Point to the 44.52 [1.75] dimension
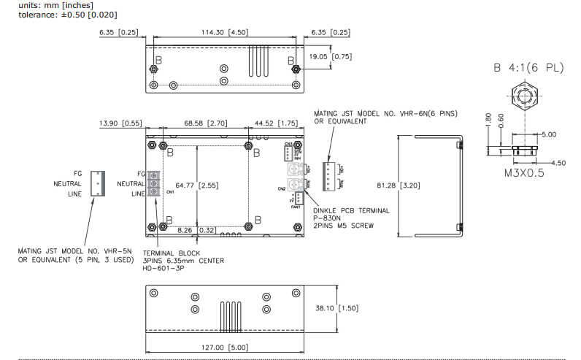(277, 123)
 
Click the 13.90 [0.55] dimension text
(120, 123)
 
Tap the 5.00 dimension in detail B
(548, 134)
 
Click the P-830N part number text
(329, 218)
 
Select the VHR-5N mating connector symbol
(96, 183)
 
